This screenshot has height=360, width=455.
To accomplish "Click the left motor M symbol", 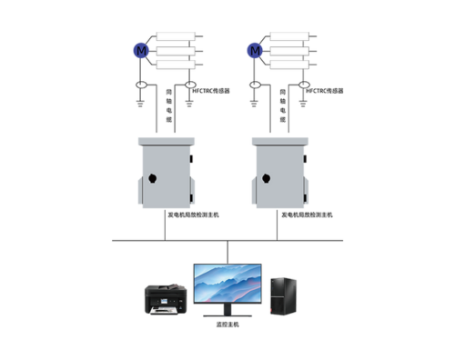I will (141, 51).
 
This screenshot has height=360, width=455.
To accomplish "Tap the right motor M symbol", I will (256, 51).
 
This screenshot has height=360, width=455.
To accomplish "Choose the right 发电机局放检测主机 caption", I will (308, 215).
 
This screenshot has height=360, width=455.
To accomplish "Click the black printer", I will (165, 299).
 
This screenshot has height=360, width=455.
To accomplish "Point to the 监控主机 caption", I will (227, 325).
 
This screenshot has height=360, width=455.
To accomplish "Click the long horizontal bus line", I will (227, 241).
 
